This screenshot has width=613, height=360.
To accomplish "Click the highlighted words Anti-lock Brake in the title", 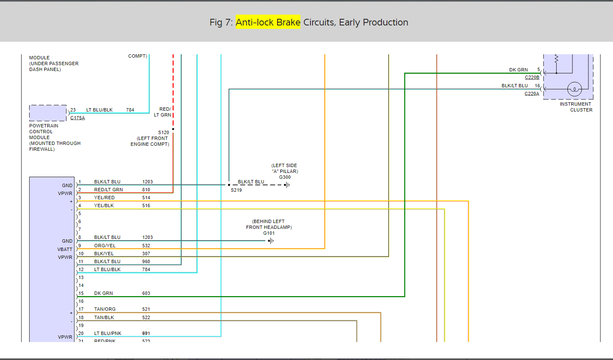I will (x=268, y=22).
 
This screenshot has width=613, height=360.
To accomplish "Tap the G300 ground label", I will (x=285, y=177).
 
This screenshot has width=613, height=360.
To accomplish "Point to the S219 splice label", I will (x=236, y=190).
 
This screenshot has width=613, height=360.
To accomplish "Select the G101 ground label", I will (x=269, y=233).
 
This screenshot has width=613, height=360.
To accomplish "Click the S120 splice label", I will (x=163, y=132).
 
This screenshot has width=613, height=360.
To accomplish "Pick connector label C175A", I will (x=77, y=118).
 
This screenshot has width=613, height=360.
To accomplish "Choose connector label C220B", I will (x=532, y=77).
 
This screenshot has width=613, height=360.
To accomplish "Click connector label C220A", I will (x=532, y=94).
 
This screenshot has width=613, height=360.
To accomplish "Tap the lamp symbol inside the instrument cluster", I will (x=575, y=89).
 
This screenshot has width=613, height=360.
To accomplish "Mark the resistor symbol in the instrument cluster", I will (x=556, y=59).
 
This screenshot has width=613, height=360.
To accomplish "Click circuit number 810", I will (x=146, y=190).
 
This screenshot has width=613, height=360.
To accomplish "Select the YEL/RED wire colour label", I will (x=104, y=198).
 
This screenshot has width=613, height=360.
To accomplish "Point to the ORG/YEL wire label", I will (x=104, y=246).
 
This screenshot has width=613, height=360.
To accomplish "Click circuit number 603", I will (x=146, y=293).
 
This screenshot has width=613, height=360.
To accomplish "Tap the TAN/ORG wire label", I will (x=104, y=309).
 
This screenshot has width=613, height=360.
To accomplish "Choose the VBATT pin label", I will (x=65, y=249).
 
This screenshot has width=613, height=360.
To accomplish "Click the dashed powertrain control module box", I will (x=48, y=113).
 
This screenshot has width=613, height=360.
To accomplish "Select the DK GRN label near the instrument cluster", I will (x=518, y=70).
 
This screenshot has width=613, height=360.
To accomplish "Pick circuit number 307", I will (x=146, y=254).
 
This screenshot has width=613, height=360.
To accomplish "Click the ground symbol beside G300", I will (x=287, y=185).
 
